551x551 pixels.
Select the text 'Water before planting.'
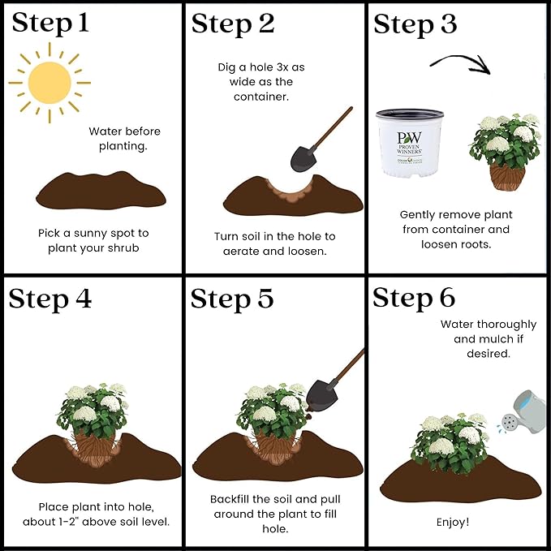125,139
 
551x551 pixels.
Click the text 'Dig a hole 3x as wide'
256,75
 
